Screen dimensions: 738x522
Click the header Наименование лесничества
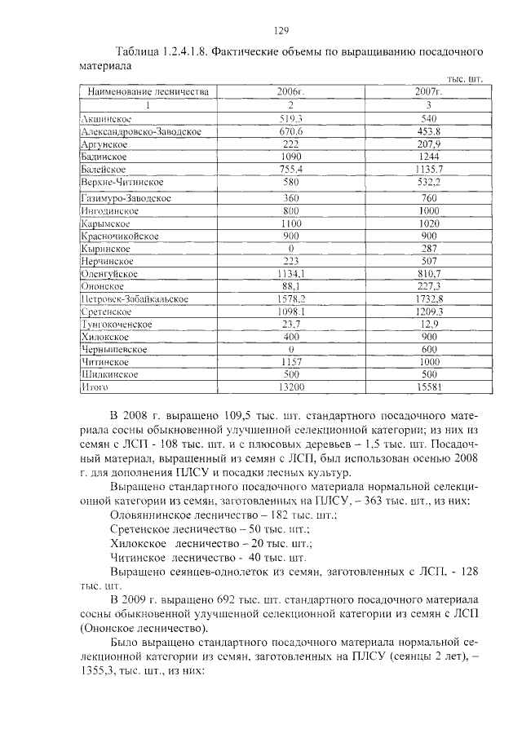coord(148,92)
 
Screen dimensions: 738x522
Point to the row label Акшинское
coord(107,119)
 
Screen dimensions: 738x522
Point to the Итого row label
coord(95,387)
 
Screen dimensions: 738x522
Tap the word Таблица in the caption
coord(138,51)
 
